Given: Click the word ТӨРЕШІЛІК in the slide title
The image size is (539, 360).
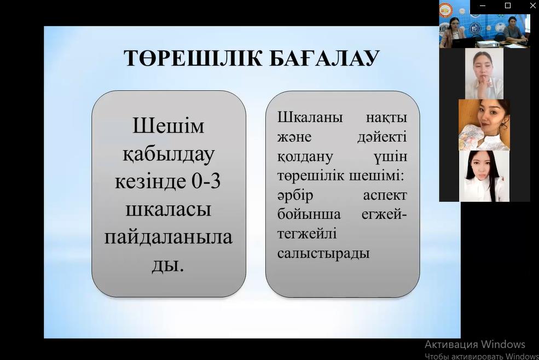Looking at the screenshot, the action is [193, 58].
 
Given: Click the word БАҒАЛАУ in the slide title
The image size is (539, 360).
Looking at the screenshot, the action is [324, 58].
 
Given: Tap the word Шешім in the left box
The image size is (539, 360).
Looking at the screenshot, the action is [169, 126].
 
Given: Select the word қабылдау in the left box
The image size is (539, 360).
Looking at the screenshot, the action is [169, 154].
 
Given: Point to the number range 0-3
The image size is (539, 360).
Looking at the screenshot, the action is [206, 182].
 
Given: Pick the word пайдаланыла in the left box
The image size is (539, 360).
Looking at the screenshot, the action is [169, 237].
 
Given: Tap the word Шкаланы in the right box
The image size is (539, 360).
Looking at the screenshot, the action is [310, 118].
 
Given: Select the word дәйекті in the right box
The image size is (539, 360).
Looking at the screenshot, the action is [382, 137].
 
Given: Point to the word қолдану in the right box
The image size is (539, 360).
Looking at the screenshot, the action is [305, 158].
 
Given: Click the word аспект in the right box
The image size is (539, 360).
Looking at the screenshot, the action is [385, 196].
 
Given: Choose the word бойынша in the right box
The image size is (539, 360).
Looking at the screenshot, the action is [309, 214].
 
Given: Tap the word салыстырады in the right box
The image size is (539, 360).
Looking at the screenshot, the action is [323, 254].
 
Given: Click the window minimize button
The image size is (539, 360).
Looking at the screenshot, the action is [482, 6].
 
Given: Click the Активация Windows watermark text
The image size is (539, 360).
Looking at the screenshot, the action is [475, 344].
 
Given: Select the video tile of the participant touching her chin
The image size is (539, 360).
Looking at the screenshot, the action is [484, 73].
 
